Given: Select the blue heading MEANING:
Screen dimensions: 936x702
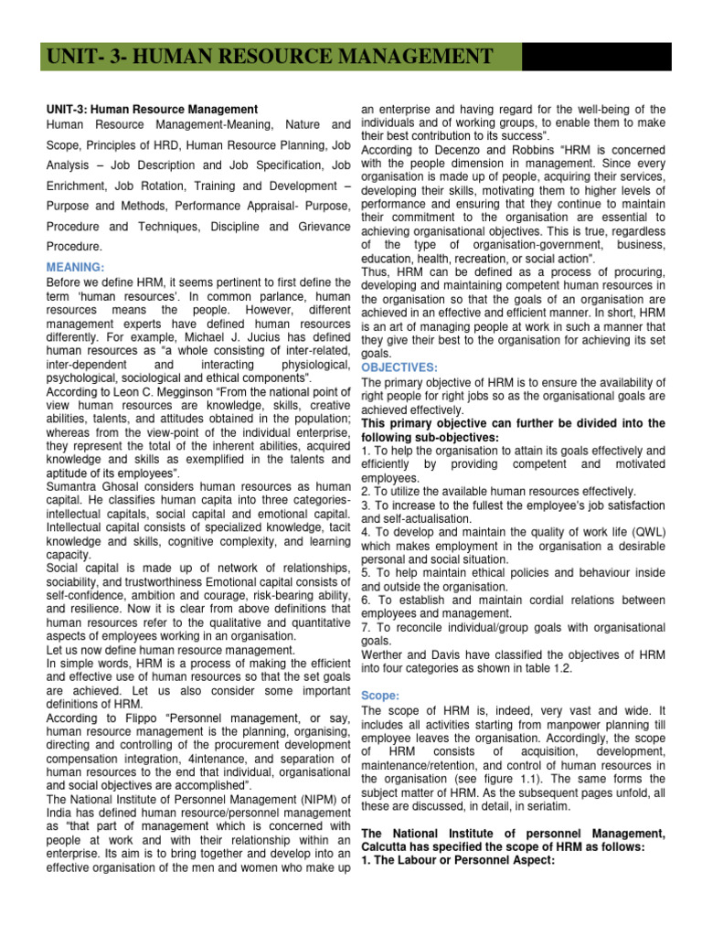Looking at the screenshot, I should point(76,267).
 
